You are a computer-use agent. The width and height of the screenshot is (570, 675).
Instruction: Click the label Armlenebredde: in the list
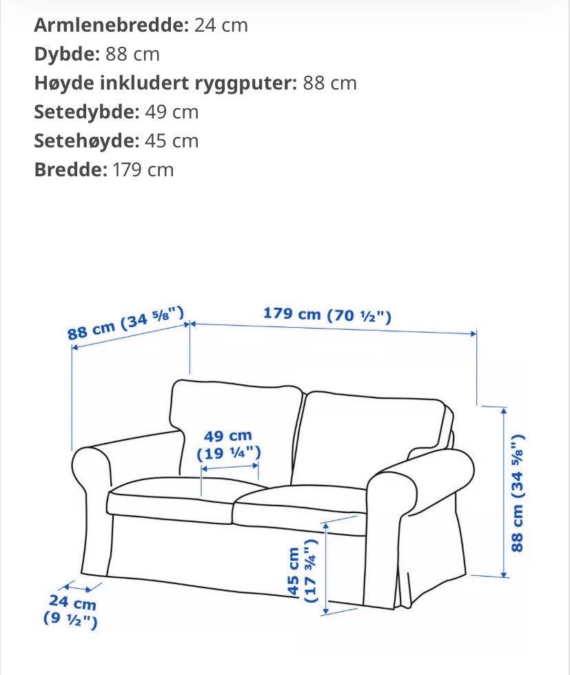pos(111,25)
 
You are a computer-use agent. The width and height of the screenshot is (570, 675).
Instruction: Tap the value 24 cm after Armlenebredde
pos(221,25)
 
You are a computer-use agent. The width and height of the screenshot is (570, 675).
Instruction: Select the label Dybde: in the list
pos(68,54)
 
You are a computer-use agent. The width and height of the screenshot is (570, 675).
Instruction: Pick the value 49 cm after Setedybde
pos(172,112)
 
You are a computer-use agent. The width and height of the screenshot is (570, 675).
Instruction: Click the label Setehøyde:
pos(87,141)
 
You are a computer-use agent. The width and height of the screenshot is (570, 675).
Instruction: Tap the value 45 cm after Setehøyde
pos(172,141)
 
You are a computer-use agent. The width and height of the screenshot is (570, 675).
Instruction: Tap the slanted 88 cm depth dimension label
pos(127,324)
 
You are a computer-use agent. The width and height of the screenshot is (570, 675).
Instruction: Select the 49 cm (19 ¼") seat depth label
pos(228,445)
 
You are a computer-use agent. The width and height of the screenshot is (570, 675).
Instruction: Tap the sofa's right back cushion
pos(372,434)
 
